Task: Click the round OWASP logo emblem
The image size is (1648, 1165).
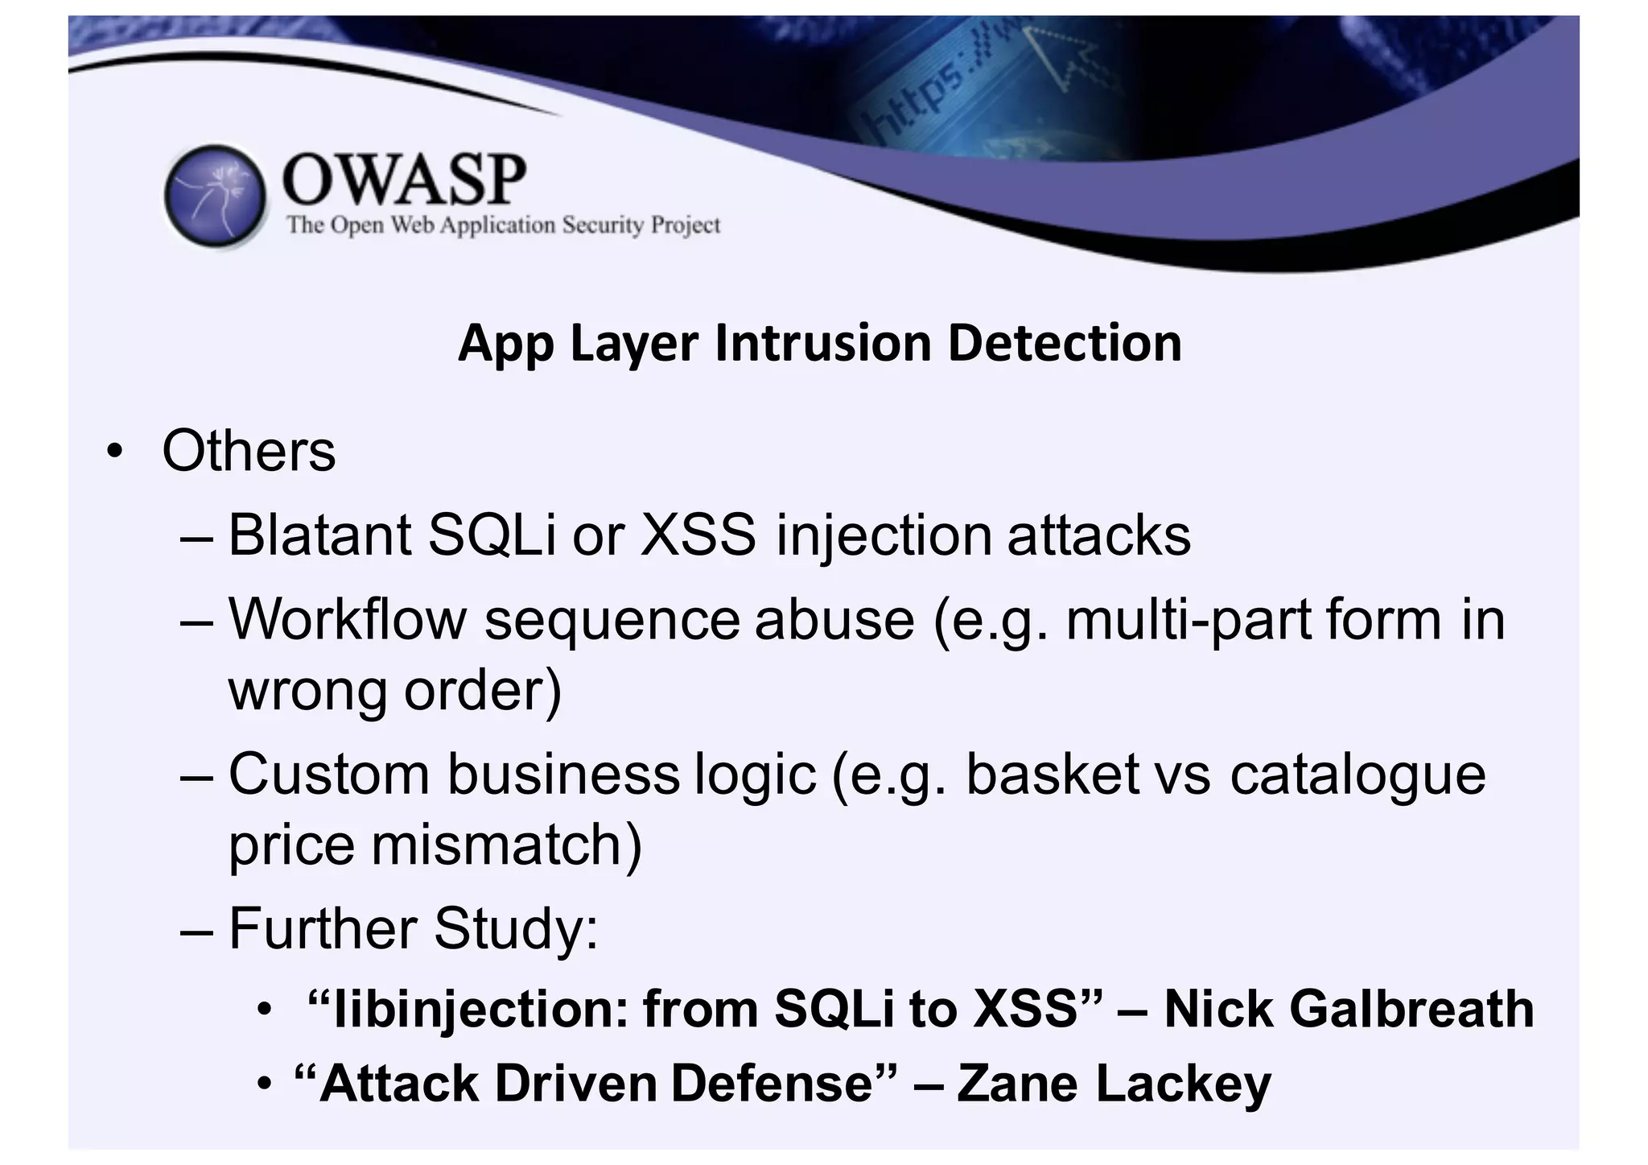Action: [x=215, y=196]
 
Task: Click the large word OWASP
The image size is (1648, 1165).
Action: [x=404, y=178]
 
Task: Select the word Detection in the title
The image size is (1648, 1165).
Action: [x=1065, y=343]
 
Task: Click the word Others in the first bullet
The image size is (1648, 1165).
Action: [x=249, y=451]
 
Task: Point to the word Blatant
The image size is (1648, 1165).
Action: [x=319, y=535]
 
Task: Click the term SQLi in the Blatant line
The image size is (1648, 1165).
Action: [x=492, y=535]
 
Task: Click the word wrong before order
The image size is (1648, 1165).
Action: [x=308, y=690]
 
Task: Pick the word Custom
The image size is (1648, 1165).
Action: [x=330, y=774]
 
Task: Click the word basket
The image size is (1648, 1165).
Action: [x=1053, y=774]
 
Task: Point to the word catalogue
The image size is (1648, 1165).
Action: [x=1358, y=774]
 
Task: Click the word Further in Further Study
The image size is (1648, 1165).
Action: [x=323, y=928]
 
